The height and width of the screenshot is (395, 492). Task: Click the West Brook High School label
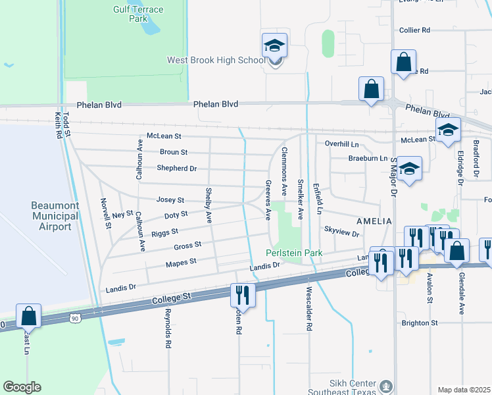point(216,60)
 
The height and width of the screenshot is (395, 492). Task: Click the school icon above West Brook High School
point(274,46)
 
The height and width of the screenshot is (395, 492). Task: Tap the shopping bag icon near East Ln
point(29,317)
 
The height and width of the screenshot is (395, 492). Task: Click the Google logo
point(22,387)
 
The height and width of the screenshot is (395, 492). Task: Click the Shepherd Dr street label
point(177,169)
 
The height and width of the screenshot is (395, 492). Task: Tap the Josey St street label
point(170,199)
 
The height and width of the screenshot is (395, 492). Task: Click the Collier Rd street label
point(414,30)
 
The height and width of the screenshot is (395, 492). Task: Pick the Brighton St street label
point(420,323)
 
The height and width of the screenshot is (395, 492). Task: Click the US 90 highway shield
point(74,319)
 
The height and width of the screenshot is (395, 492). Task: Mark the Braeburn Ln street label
point(368,159)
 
